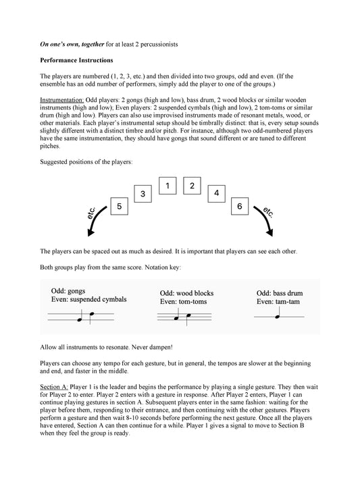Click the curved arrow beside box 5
click(95, 220)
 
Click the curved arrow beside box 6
click(265, 220)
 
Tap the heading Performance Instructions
click(76, 60)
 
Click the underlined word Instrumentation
click(62, 100)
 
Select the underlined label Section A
click(54, 387)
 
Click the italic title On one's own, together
click(72, 45)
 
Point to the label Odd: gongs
click(68, 291)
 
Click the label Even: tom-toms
click(183, 302)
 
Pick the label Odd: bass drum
click(280, 293)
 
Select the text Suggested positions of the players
click(86, 162)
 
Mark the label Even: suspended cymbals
click(89, 299)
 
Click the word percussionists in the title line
click(159, 45)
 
